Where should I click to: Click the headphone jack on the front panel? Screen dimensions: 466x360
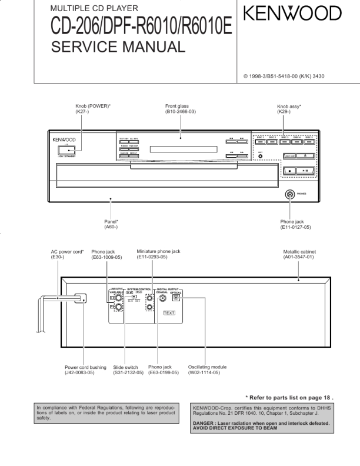(289, 194)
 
